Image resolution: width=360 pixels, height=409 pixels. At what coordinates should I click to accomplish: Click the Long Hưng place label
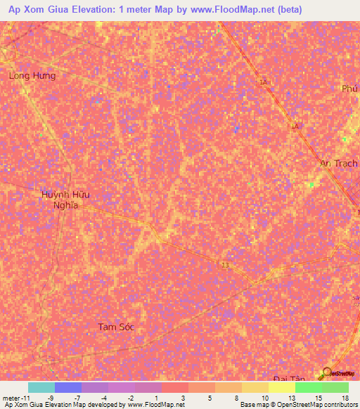tap(32, 75)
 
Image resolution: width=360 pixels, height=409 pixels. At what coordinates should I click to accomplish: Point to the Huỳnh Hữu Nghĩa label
tap(66, 200)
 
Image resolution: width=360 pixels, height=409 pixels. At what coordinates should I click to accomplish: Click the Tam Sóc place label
tap(116, 327)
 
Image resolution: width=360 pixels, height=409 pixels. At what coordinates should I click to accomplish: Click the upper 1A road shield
tap(264, 83)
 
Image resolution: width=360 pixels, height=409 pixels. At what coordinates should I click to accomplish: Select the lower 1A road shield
tap(295, 126)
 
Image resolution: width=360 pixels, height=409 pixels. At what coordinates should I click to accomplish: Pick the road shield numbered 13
tap(225, 265)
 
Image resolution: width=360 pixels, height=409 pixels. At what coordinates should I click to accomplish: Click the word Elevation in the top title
tap(103, 11)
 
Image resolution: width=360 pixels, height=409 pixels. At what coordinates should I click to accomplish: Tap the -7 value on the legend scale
tap(77, 398)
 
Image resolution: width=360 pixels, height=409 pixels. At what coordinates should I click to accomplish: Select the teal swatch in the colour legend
tap(41, 387)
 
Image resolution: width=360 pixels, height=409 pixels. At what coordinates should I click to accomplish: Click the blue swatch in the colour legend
tap(67, 387)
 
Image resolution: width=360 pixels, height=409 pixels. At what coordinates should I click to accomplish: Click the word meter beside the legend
tap(10, 398)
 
